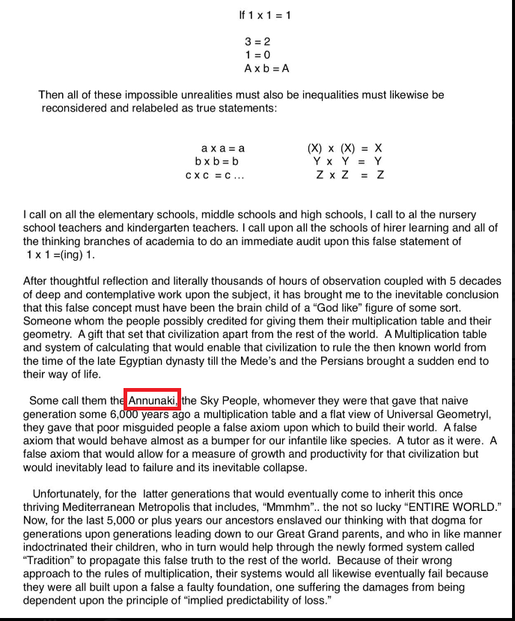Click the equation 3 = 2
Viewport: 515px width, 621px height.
click(257, 42)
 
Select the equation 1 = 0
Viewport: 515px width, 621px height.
click(257, 55)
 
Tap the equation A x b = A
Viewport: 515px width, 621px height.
click(266, 68)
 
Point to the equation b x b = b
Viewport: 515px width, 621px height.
click(217, 161)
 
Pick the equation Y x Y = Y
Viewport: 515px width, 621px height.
click(348, 161)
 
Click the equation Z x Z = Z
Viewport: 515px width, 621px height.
click(350, 175)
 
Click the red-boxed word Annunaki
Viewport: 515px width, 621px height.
click(153, 401)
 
